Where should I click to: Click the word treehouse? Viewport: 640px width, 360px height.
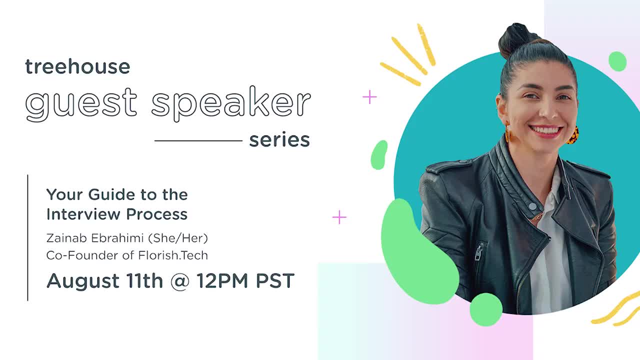[x=77, y=66]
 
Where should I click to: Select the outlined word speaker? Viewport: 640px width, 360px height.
[x=230, y=103]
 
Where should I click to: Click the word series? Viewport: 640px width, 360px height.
[x=279, y=140]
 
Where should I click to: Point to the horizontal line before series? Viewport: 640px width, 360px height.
[x=198, y=140]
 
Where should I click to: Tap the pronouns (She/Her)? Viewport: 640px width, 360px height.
[x=178, y=238]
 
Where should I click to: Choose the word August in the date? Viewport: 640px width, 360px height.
[x=83, y=281]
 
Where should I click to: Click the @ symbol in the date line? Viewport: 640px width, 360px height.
[x=179, y=281]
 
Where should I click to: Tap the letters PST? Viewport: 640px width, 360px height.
[x=275, y=281]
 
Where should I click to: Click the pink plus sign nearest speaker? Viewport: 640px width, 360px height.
[x=369, y=97]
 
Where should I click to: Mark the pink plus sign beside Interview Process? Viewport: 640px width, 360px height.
[x=339, y=217]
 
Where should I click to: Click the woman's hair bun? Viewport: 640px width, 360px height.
[x=515, y=39]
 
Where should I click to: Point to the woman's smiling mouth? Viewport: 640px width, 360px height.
[x=546, y=131]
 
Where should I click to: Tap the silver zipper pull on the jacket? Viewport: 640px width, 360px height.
[x=478, y=253]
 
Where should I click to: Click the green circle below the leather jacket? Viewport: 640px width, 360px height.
[x=486, y=309]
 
